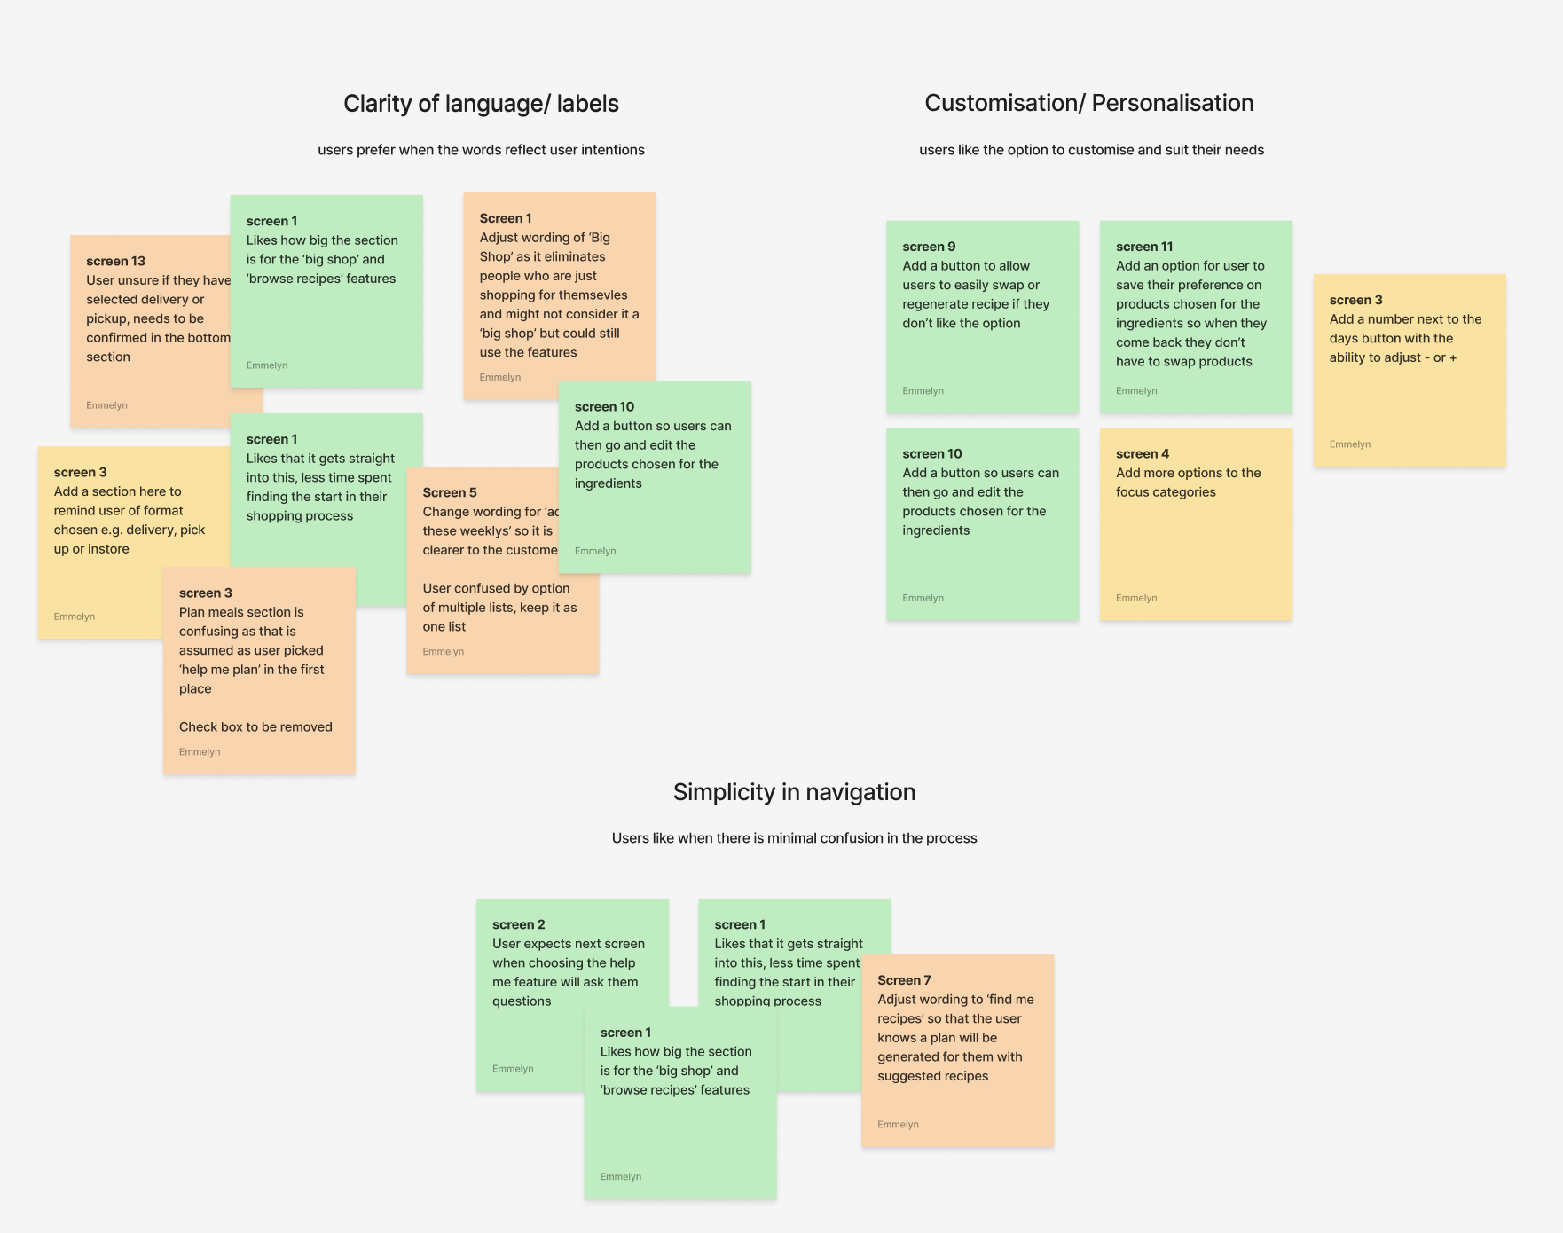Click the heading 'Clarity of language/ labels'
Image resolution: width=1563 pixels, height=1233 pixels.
pos(481,104)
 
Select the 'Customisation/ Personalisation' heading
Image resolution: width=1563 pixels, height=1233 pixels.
pos(1088,103)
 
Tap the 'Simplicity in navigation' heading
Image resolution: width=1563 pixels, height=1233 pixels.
pos(794,792)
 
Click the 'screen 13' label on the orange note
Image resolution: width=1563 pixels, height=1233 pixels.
pos(115,261)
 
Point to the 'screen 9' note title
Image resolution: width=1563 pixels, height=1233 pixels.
pos(929,247)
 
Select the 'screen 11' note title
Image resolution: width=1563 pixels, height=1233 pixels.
pos(1144,247)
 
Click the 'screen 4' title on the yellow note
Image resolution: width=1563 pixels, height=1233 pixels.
pos(1143,453)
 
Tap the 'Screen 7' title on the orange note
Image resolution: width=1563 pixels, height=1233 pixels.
pos(904,980)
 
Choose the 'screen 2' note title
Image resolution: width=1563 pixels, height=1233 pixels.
pos(519,924)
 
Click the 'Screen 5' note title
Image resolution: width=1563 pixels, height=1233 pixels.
pos(450,492)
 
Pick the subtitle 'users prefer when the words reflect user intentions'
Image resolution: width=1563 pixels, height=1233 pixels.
pos(481,150)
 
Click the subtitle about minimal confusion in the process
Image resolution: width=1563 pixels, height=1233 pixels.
pos(794,838)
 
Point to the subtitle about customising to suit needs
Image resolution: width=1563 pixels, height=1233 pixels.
pos(1091,150)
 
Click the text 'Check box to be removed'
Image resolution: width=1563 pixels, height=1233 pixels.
pos(255,726)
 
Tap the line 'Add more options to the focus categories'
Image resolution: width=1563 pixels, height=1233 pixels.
pos(1188,483)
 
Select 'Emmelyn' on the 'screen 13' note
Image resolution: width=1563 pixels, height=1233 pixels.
pos(106,405)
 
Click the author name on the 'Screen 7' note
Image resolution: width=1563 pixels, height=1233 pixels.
pos(898,1125)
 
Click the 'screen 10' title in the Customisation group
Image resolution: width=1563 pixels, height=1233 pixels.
pos(932,453)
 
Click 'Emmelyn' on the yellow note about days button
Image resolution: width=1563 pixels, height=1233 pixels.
pos(1349,444)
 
